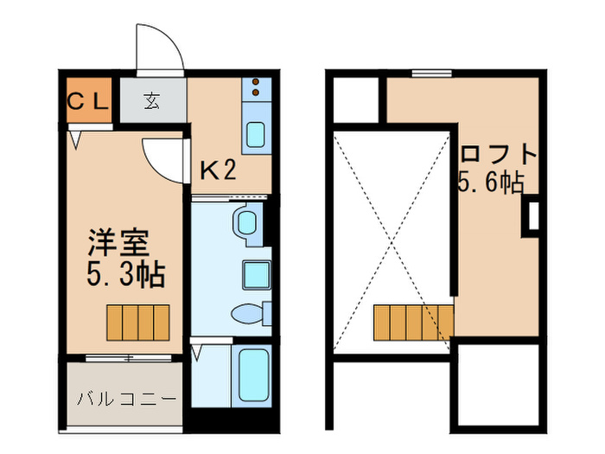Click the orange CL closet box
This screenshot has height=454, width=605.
pos(87,100)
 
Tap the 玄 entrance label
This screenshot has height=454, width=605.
pos(152,100)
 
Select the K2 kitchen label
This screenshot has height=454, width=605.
pos(218,170)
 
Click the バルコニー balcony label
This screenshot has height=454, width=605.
pos(126,399)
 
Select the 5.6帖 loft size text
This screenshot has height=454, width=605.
pos(491,182)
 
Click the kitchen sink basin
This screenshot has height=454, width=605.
pos(258,134)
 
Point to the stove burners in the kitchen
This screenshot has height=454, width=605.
pos(258,88)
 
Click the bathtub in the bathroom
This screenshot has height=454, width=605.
pos(254,373)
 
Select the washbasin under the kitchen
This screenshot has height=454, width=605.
pos(247,222)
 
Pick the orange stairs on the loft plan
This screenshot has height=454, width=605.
pos(413,322)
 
